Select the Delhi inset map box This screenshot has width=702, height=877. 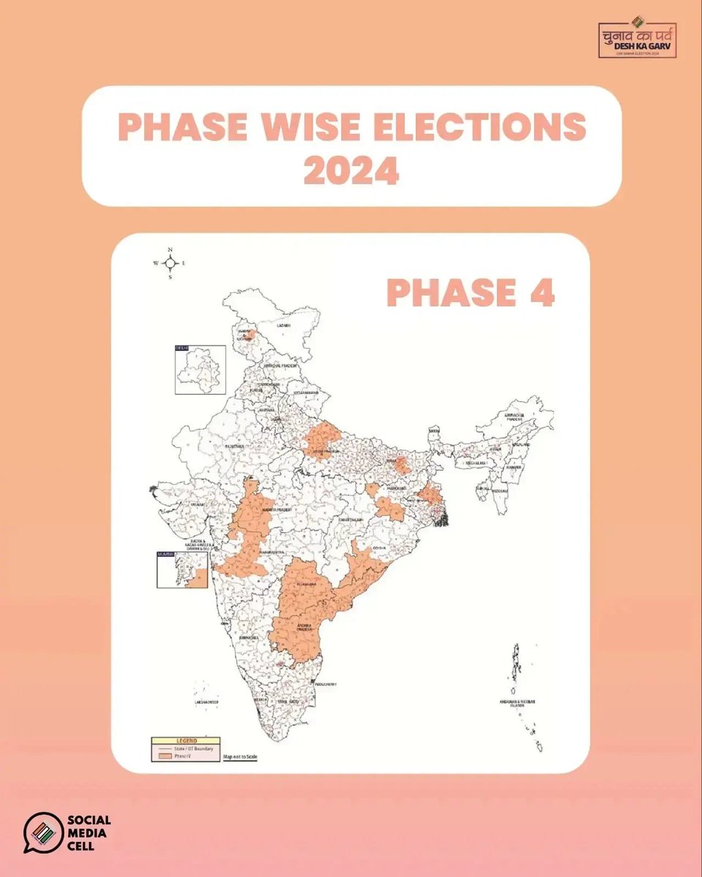pyautogui.click(x=199, y=370)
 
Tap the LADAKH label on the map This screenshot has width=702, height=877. pyautogui.click(x=283, y=324)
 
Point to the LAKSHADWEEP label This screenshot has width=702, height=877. pyautogui.click(x=207, y=702)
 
